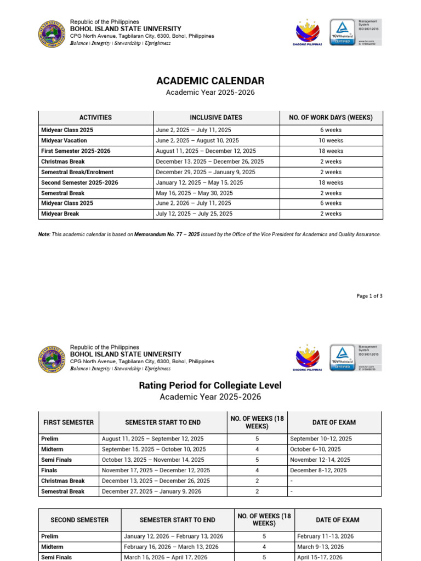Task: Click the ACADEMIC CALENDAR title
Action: [210, 81]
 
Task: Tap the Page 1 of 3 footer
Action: [369, 296]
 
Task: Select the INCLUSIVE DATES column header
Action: [216, 117]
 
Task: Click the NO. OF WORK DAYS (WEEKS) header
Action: [331, 117]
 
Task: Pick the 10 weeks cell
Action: [331, 141]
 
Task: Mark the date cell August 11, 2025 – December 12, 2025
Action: [206, 151]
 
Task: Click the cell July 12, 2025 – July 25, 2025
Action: [194, 214]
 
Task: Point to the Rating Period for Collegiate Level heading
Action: [210, 386]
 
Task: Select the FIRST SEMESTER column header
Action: [69, 422]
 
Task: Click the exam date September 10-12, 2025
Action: [321, 439]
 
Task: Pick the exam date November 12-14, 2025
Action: [321, 460]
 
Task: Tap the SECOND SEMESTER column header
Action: [79, 520]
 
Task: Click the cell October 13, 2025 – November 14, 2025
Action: [153, 460]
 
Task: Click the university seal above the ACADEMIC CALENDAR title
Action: [53, 34]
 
